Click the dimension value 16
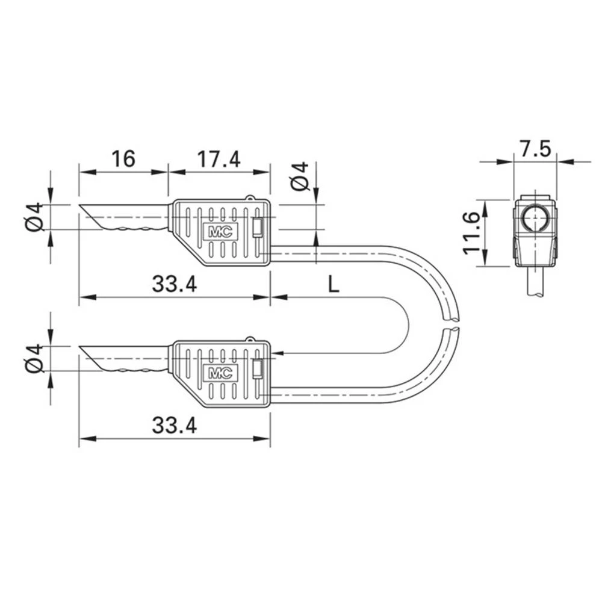123,159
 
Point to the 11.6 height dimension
472,232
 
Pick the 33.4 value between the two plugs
174,284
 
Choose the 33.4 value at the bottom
174,426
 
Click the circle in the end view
535,220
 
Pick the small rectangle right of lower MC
258,369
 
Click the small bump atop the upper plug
250,197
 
